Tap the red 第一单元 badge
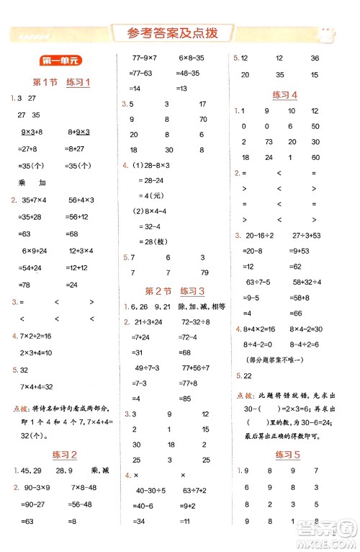[x=57, y=63]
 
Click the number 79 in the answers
[x=204, y=272]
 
